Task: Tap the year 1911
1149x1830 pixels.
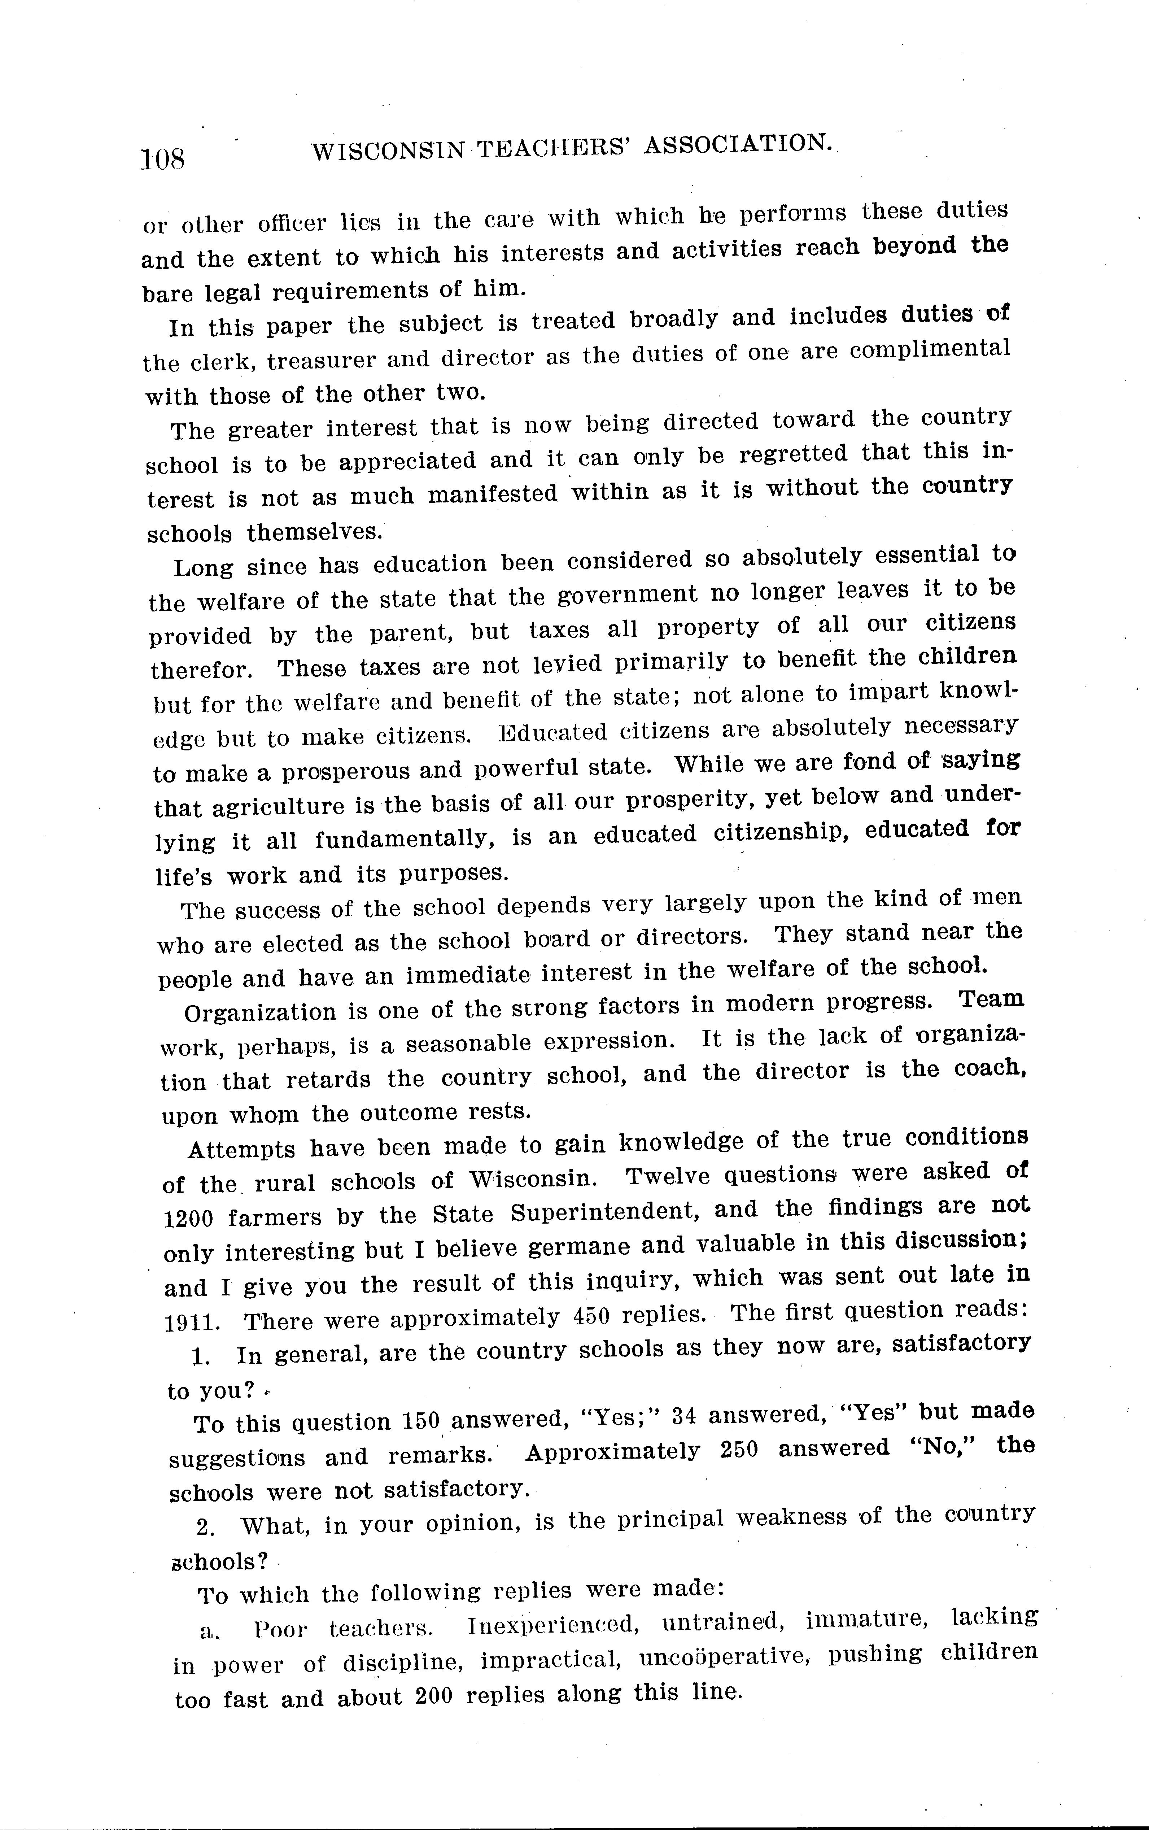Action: (190, 1323)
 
